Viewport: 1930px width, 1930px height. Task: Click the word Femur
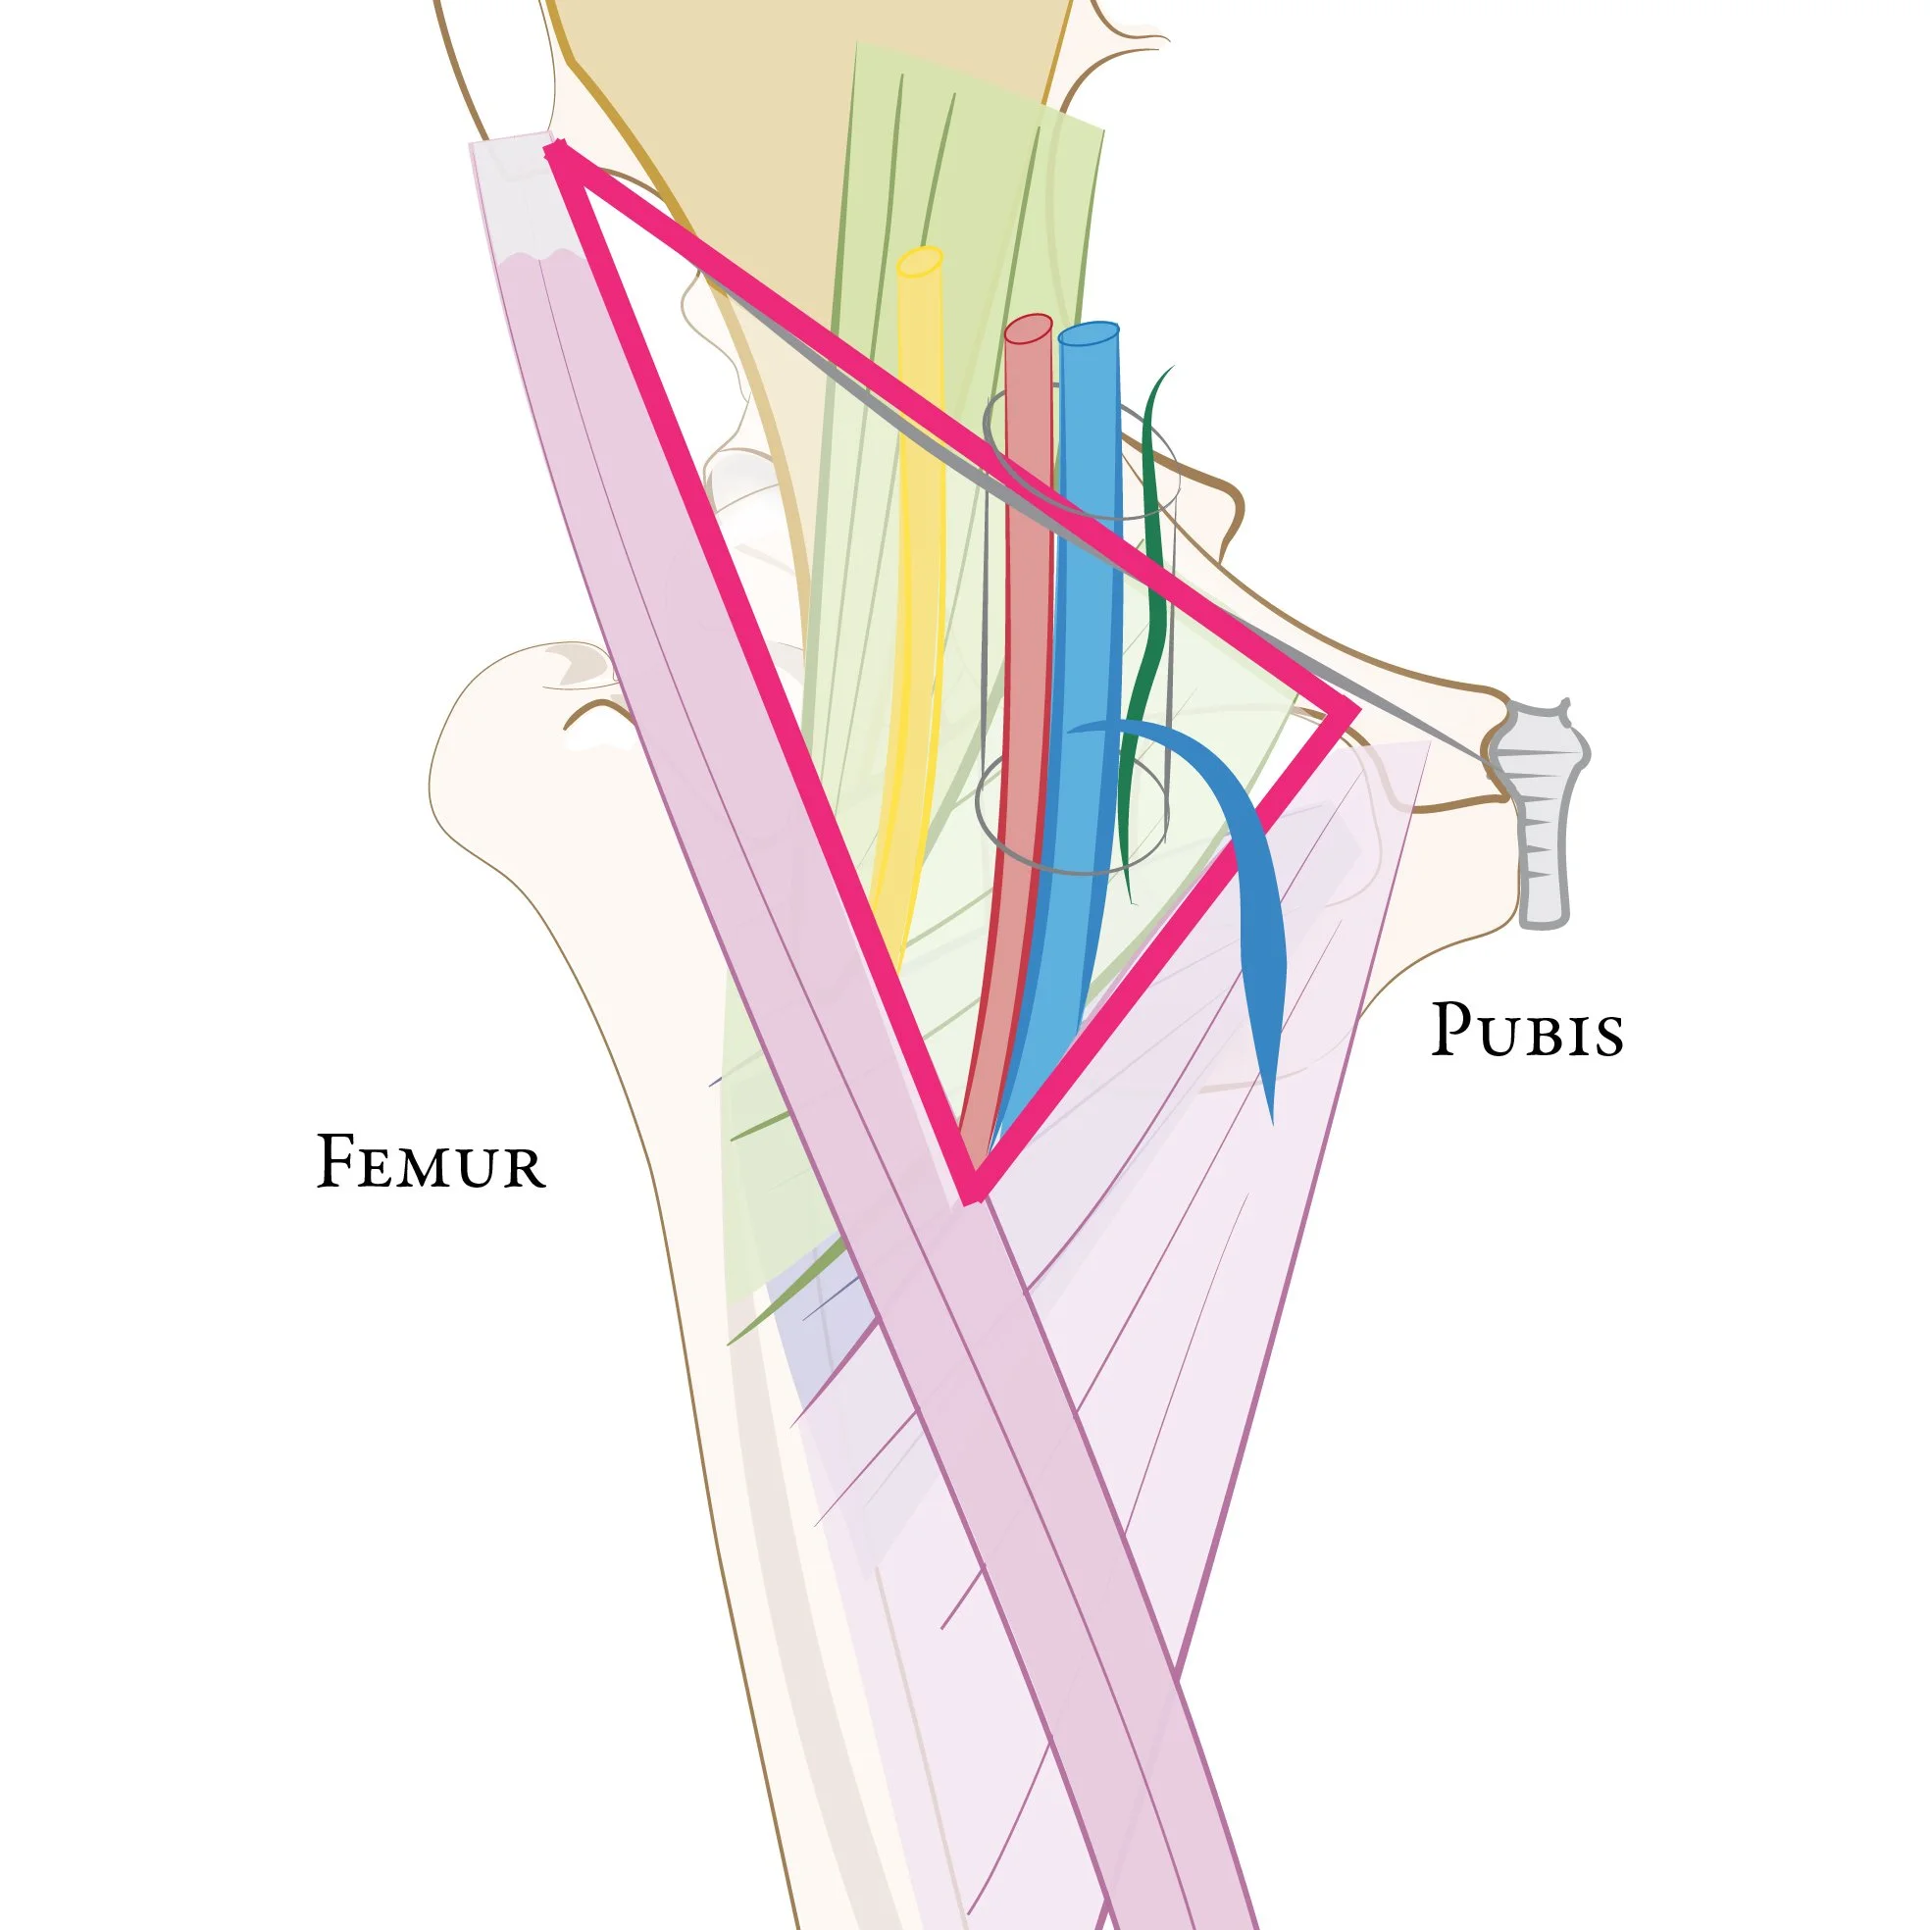click(431, 1163)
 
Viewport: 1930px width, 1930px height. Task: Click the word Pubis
click(1526, 1030)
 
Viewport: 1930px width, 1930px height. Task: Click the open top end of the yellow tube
click(920, 262)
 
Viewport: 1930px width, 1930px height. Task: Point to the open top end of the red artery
click(1029, 329)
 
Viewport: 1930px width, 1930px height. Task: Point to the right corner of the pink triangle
click(1350, 712)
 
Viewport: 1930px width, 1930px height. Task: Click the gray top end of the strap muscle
click(513, 195)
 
